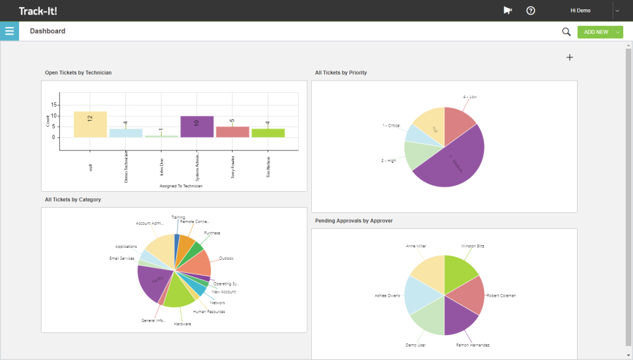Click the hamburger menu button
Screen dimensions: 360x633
[9, 31]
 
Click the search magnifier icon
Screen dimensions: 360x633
[566, 32]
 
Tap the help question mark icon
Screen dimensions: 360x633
[531, 11]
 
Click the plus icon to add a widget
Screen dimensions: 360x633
[570, 57]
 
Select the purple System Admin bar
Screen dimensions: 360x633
[196, 127]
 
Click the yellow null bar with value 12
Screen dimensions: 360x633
[90, 124]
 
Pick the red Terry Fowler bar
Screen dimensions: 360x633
[232, 132]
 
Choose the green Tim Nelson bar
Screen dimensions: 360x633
[268, 133]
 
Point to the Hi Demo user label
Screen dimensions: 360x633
[580, 11]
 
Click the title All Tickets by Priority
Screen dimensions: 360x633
[341, 73]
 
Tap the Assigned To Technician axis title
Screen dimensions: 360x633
[181, 186]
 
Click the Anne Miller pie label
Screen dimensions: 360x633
[416, 246]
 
